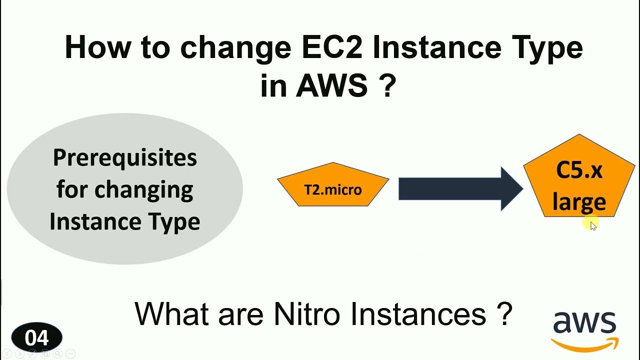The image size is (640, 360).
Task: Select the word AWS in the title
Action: point(332,86)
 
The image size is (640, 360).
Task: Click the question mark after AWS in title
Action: point(388,86)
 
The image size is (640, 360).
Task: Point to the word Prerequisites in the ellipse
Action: point(125,158)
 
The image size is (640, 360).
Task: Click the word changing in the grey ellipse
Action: point(144,190)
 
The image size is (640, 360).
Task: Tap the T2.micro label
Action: point(333,190)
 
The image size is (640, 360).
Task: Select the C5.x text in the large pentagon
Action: point(579,170)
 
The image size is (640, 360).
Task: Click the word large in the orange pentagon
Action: point(579,202)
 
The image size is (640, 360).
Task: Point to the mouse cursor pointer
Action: point(593,225)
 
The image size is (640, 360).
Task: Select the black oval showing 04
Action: point(36,338)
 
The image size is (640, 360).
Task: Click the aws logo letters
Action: point(584,323)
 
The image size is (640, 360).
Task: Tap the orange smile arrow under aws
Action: point(585,344)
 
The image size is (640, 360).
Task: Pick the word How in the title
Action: point(94,48)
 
